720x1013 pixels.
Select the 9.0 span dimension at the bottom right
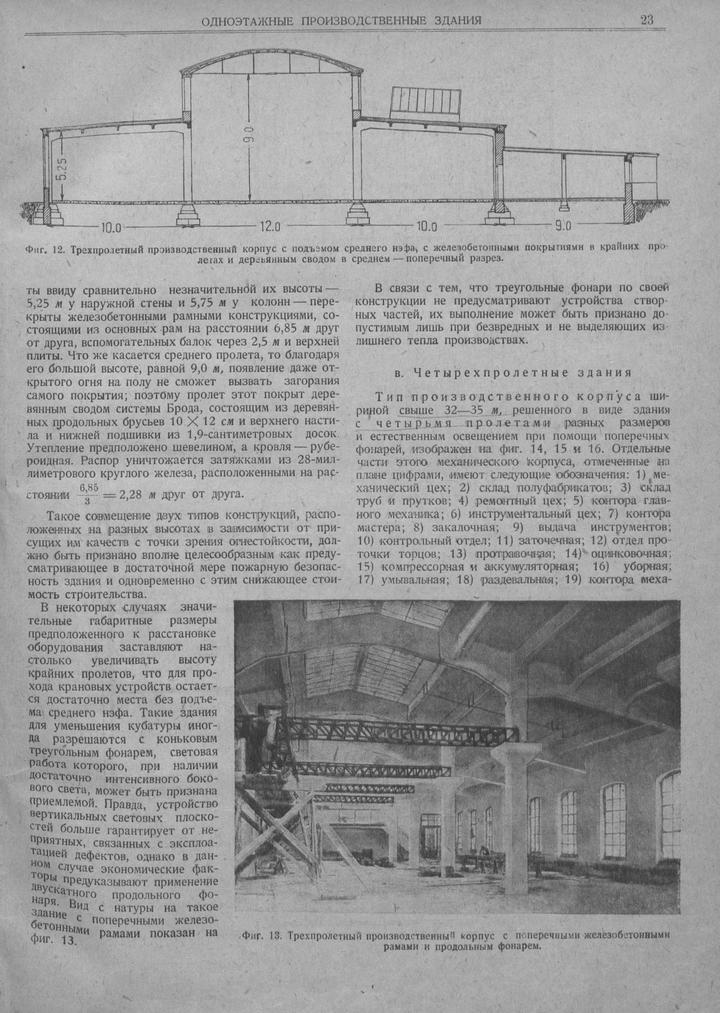click(563, 227)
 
